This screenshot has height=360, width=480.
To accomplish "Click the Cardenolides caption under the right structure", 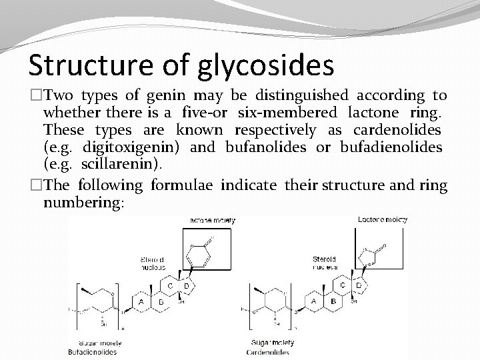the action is click(x=267, y=351).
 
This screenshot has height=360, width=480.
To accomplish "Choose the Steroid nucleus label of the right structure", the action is click(x=324, y=263).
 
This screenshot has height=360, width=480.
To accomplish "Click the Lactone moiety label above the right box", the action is click(x=383, y=219).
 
